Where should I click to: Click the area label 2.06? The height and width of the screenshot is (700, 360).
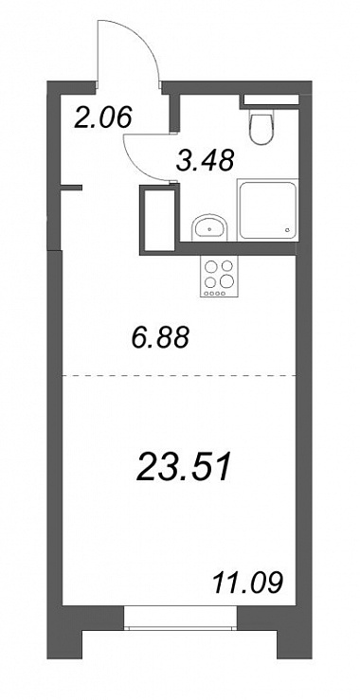[x=103, y=118]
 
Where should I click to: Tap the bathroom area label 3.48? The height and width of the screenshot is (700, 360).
[x=205, y=160]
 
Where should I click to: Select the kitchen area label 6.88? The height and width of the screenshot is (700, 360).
[x=161, y=337]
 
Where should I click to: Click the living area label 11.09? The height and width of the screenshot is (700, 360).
[x=248, y=583]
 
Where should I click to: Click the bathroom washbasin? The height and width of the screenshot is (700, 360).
[x=210, y=227]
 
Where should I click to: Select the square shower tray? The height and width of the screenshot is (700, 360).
[x=267, y=209]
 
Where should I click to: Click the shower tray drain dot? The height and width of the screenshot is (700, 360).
[x=288, y=230]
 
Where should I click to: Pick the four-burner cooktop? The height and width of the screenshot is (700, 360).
[x=219, y=277]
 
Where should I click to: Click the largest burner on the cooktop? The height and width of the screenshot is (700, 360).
[x=227, y=280]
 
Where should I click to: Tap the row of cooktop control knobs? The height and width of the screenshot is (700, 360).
[x=213, y=293]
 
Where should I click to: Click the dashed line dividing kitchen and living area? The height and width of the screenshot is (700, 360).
[x=179, y=376]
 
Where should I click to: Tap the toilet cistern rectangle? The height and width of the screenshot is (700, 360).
[x=271, y=100]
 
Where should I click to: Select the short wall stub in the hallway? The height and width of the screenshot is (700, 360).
[x=71, y=188]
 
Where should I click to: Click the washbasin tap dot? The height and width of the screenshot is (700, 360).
[x=210, y=229]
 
